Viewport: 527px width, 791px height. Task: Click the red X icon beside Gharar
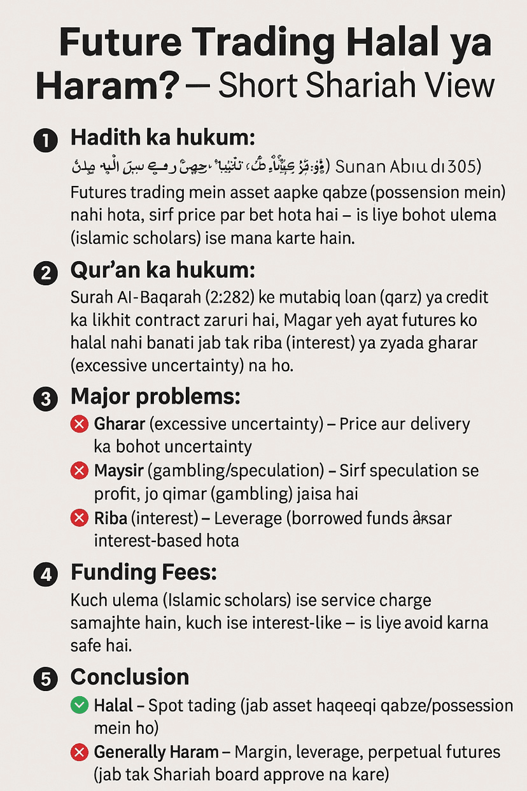click(x=79, y=424)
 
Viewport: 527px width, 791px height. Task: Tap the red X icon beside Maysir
click(x=79, y=471)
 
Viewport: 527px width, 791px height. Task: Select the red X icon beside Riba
click(x=79, y=518)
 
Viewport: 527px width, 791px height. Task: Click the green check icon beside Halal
click(x=79, y=706)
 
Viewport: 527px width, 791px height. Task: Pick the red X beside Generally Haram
click(x=79, y=753)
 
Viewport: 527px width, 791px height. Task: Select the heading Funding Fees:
click(x=143, y=572)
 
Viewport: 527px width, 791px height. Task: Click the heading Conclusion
click(x=130, y=676)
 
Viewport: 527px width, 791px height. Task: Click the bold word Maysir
click(x=118, y=471)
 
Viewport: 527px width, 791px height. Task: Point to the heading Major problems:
click(x=155, y=397)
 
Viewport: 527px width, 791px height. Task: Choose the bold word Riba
click(x=111, y=518)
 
